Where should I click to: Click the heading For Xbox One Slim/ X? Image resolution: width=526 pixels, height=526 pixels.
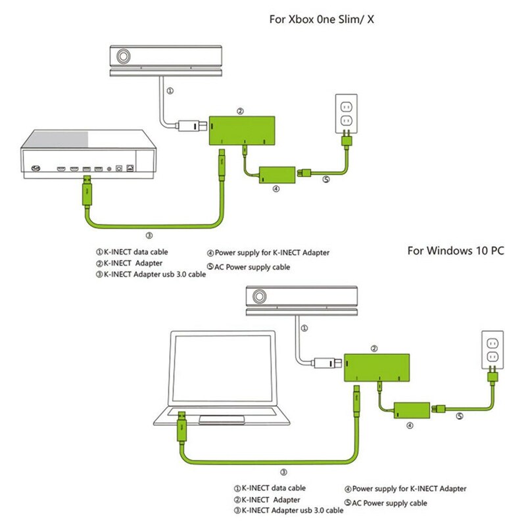point(322,20)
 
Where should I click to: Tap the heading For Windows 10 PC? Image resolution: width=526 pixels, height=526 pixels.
point(456,251)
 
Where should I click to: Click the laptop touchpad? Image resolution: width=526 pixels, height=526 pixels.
point(224,419)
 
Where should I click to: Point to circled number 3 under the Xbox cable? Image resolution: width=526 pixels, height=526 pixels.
point(149,234)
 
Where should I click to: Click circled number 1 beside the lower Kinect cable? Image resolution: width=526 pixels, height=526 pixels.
point(303,327)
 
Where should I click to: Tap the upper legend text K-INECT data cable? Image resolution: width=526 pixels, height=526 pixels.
point(135,251)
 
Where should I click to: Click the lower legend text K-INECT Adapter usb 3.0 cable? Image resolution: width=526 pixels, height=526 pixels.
point(289,510)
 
